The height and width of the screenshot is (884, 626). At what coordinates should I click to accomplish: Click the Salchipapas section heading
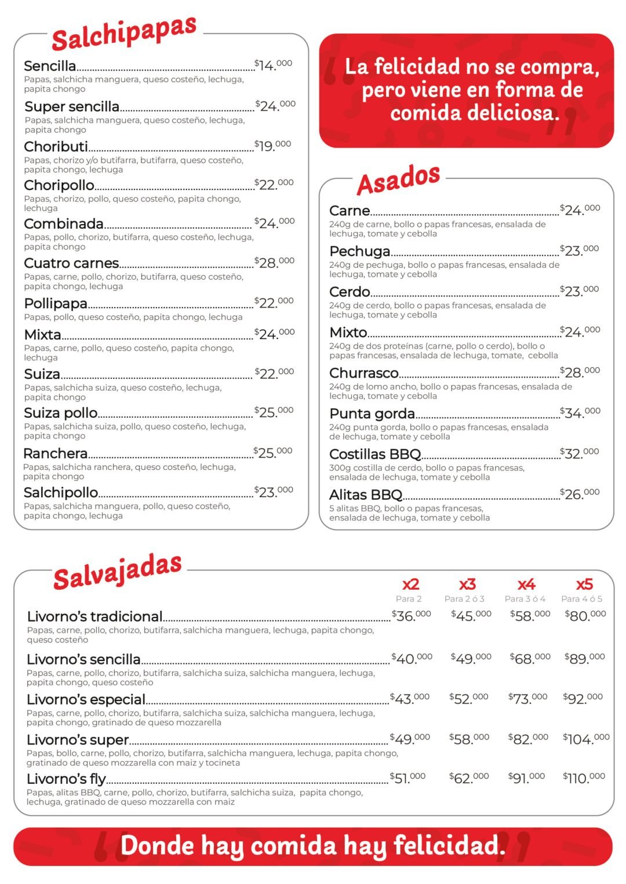point(124,33)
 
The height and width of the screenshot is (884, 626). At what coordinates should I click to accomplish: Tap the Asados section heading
point(398,179)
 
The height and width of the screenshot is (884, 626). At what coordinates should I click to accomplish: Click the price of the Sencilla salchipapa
point(273,65)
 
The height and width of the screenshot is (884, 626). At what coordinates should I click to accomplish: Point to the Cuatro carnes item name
point(71,263)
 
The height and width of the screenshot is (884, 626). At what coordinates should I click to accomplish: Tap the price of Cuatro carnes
point(274,262)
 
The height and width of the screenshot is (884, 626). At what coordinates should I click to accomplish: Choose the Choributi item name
point(56,147)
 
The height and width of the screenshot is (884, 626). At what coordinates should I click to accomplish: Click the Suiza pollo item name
point(61,413)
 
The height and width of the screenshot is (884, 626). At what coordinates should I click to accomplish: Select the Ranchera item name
point(56,454)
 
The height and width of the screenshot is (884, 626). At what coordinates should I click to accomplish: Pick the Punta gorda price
point(580,412)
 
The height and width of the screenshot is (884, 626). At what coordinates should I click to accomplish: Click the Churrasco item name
point(364,373)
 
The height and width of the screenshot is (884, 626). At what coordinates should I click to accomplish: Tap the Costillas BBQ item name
point(375,454)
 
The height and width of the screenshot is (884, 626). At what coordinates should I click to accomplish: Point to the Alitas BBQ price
point(580,494)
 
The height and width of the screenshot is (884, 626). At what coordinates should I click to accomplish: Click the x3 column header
point(467,585)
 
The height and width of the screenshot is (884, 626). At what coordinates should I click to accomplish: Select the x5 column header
point(584,585)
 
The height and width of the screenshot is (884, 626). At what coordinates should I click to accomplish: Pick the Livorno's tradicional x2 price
point(412,616)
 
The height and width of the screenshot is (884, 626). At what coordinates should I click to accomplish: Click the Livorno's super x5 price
point(586,739)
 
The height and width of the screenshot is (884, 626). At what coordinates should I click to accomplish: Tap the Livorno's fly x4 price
point(526,777)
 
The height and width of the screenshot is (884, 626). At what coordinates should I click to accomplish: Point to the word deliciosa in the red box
point(474,112)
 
